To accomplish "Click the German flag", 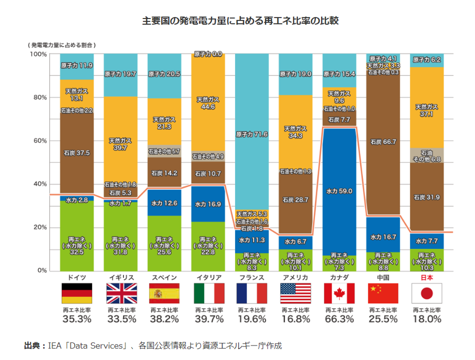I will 76,293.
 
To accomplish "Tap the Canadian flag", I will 339,293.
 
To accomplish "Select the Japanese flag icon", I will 426,293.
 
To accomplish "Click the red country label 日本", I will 426,277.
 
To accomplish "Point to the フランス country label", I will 251,277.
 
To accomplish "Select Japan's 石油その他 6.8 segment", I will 426,155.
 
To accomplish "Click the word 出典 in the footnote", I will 33,345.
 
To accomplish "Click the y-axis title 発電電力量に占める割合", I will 62,44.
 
